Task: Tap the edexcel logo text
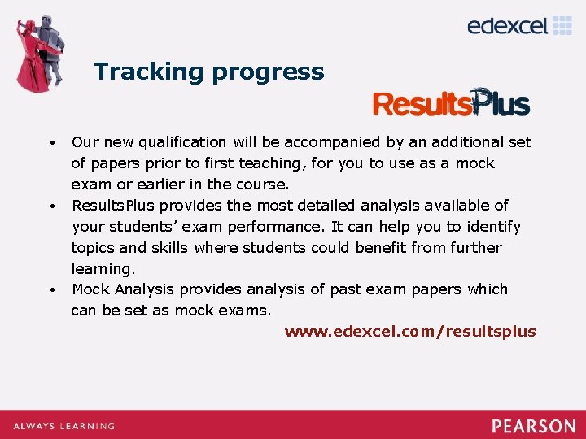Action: pos(508,26)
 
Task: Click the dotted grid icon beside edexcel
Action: pos(563,25)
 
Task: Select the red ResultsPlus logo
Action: pos(451,103)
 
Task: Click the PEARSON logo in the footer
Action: pos(533,426)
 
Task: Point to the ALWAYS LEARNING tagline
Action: pos(63,426)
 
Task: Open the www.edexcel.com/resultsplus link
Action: pos(410,331)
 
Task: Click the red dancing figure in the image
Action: pos(34,61)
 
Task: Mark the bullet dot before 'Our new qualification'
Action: pos(51,144)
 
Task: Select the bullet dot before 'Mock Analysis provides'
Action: pos(51,290)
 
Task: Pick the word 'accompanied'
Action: pos(338,142)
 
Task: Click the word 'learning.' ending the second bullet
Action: pos(102,269)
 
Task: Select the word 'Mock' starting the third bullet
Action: pos(91,289)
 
